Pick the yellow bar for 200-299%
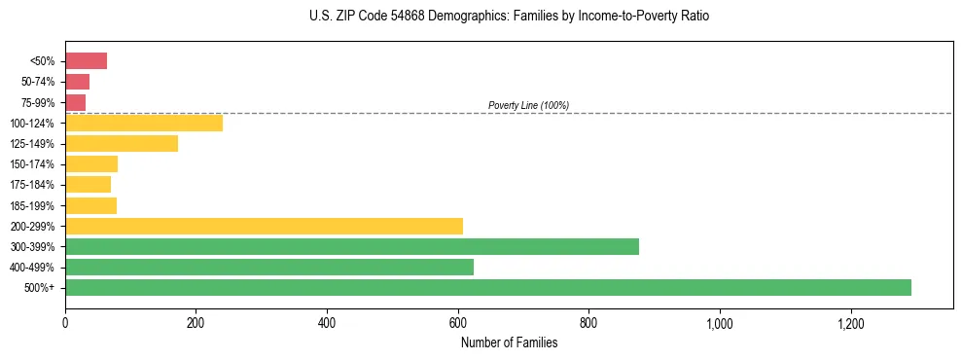click(264, 226)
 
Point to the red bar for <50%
click(86, 61)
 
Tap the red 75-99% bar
click(75, 102)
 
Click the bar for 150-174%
click(91, 164)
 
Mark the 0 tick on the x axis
click(65, 322)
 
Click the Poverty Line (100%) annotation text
click(528, 105)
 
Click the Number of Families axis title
click(509, 342)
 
